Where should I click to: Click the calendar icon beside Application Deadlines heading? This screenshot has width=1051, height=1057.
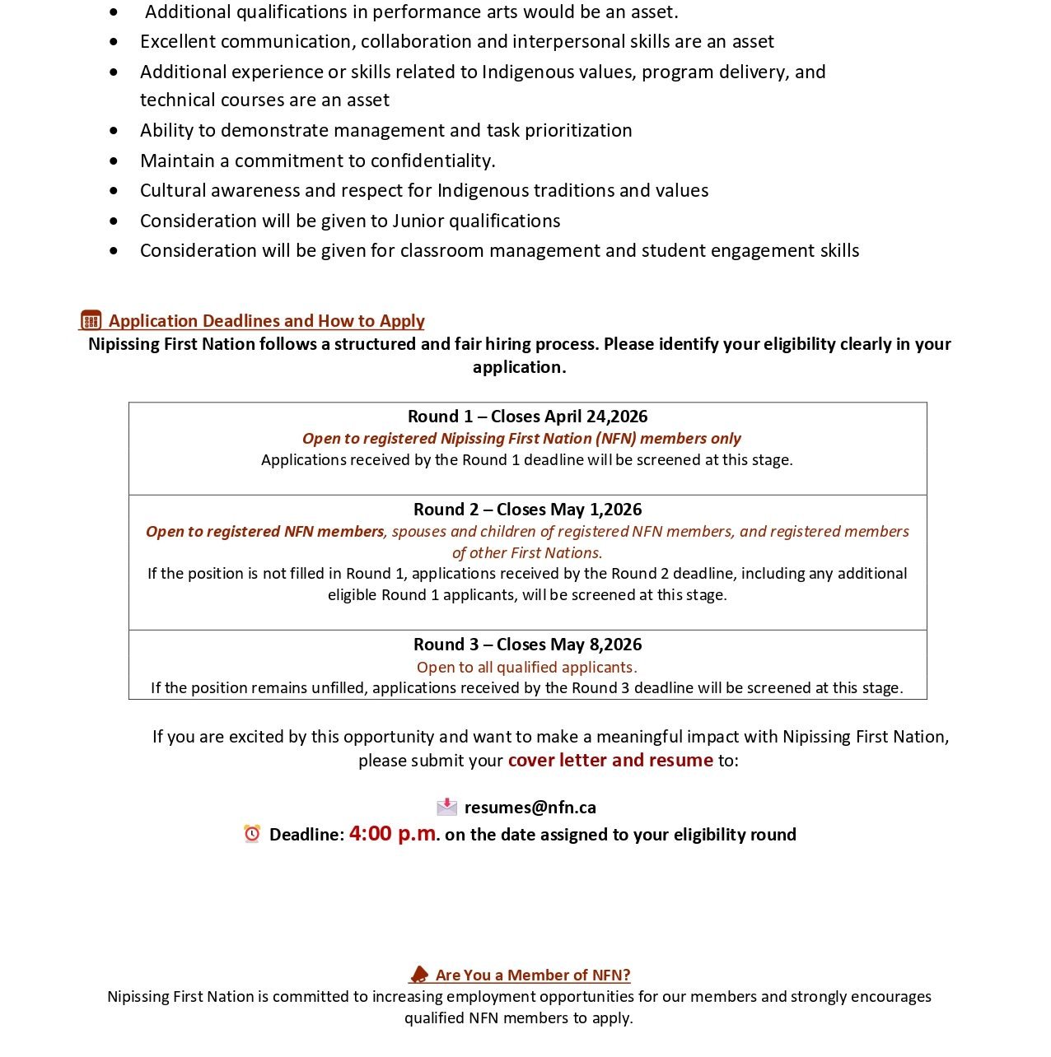tap(91, 319)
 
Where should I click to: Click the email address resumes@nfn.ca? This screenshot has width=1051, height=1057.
tap(530, 808)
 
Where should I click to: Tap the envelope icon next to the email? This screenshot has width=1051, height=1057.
tap(446, 807)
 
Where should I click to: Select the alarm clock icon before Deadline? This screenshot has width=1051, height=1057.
tap(252, 834)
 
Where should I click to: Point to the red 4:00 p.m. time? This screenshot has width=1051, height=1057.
tap(393, 833)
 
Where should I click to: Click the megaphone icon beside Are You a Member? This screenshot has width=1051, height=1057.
tap(419, 975)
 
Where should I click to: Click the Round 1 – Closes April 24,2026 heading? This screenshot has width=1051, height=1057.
tap(527, 417)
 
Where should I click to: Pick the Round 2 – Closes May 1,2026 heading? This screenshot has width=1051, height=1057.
tap(527, 510)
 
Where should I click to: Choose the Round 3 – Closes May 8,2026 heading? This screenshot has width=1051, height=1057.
tap(527, 645)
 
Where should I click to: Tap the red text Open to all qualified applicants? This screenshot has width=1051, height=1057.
tap(527, 667)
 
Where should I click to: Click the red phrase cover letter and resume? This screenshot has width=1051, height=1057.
tap(610, 760)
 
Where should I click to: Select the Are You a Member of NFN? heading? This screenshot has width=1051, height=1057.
tap(532, 976)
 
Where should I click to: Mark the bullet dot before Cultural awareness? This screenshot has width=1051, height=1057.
tap(114, 191)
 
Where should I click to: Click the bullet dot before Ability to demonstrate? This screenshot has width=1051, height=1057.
tap(114, 131)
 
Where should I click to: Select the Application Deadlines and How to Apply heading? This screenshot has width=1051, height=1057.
tap(266, 321)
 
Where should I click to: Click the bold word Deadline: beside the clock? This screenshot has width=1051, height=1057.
tap(306, 835)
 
